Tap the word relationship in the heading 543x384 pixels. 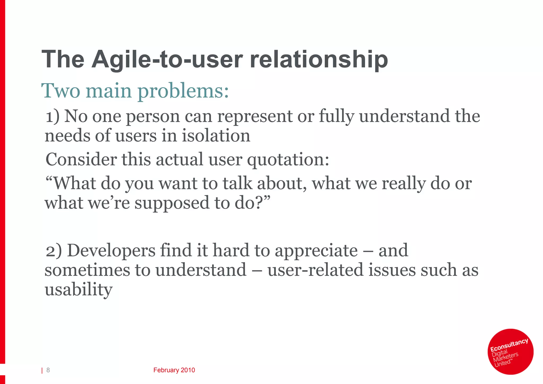319,60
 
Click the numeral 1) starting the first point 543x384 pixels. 52,117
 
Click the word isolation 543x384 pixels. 216,136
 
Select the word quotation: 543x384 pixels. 288,160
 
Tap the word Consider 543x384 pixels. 81,160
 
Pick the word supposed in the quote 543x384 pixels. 172,203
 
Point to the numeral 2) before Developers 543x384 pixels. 54,251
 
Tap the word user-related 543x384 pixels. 315,270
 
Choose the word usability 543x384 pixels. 78,290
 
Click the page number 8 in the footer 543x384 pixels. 48,370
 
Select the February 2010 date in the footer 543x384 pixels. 174,370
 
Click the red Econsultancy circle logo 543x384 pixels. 510,352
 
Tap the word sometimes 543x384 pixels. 87,270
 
